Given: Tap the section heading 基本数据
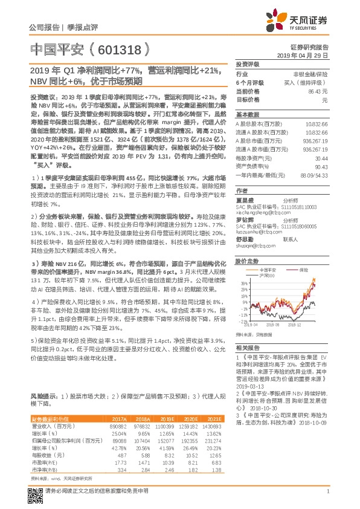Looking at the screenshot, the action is pos(246,114).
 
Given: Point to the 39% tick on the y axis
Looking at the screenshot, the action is pos(243,282).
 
